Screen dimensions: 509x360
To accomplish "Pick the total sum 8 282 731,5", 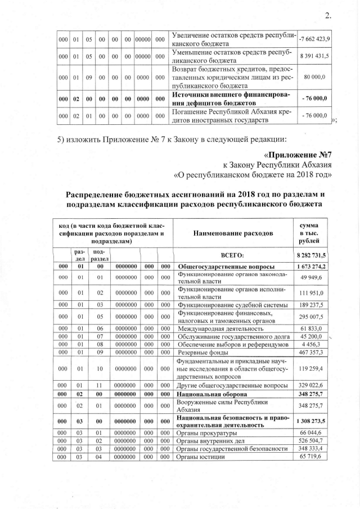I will (315, 255).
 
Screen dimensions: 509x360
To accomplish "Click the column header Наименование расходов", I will (233, 232).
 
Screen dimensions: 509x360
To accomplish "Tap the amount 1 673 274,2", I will (315, 265).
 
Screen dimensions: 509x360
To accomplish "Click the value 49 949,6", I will (318, 277).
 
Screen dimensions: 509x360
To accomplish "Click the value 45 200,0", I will (318, 336).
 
